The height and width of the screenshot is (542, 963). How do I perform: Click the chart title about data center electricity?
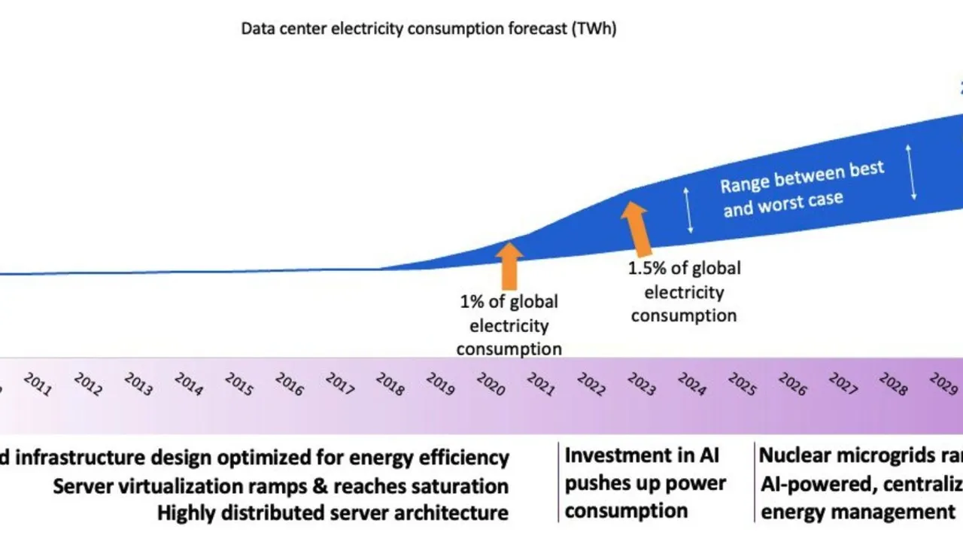428,29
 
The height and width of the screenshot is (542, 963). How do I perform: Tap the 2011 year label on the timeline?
37,385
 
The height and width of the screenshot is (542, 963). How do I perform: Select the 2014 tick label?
188,385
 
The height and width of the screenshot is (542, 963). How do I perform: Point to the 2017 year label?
339,385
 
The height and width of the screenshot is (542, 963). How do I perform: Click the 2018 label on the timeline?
390,385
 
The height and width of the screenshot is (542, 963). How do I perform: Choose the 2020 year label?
491,385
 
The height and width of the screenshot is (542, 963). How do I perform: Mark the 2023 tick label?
642,385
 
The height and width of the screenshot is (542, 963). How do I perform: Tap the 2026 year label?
792,385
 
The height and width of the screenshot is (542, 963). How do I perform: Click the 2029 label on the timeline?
943,385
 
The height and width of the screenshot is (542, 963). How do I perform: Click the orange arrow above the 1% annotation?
509,263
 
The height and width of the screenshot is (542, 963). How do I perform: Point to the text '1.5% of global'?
684,269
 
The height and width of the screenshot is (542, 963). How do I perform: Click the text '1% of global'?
509,302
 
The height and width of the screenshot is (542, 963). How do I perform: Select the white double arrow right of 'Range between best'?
913,172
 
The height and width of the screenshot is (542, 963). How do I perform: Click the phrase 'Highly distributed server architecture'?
333,513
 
